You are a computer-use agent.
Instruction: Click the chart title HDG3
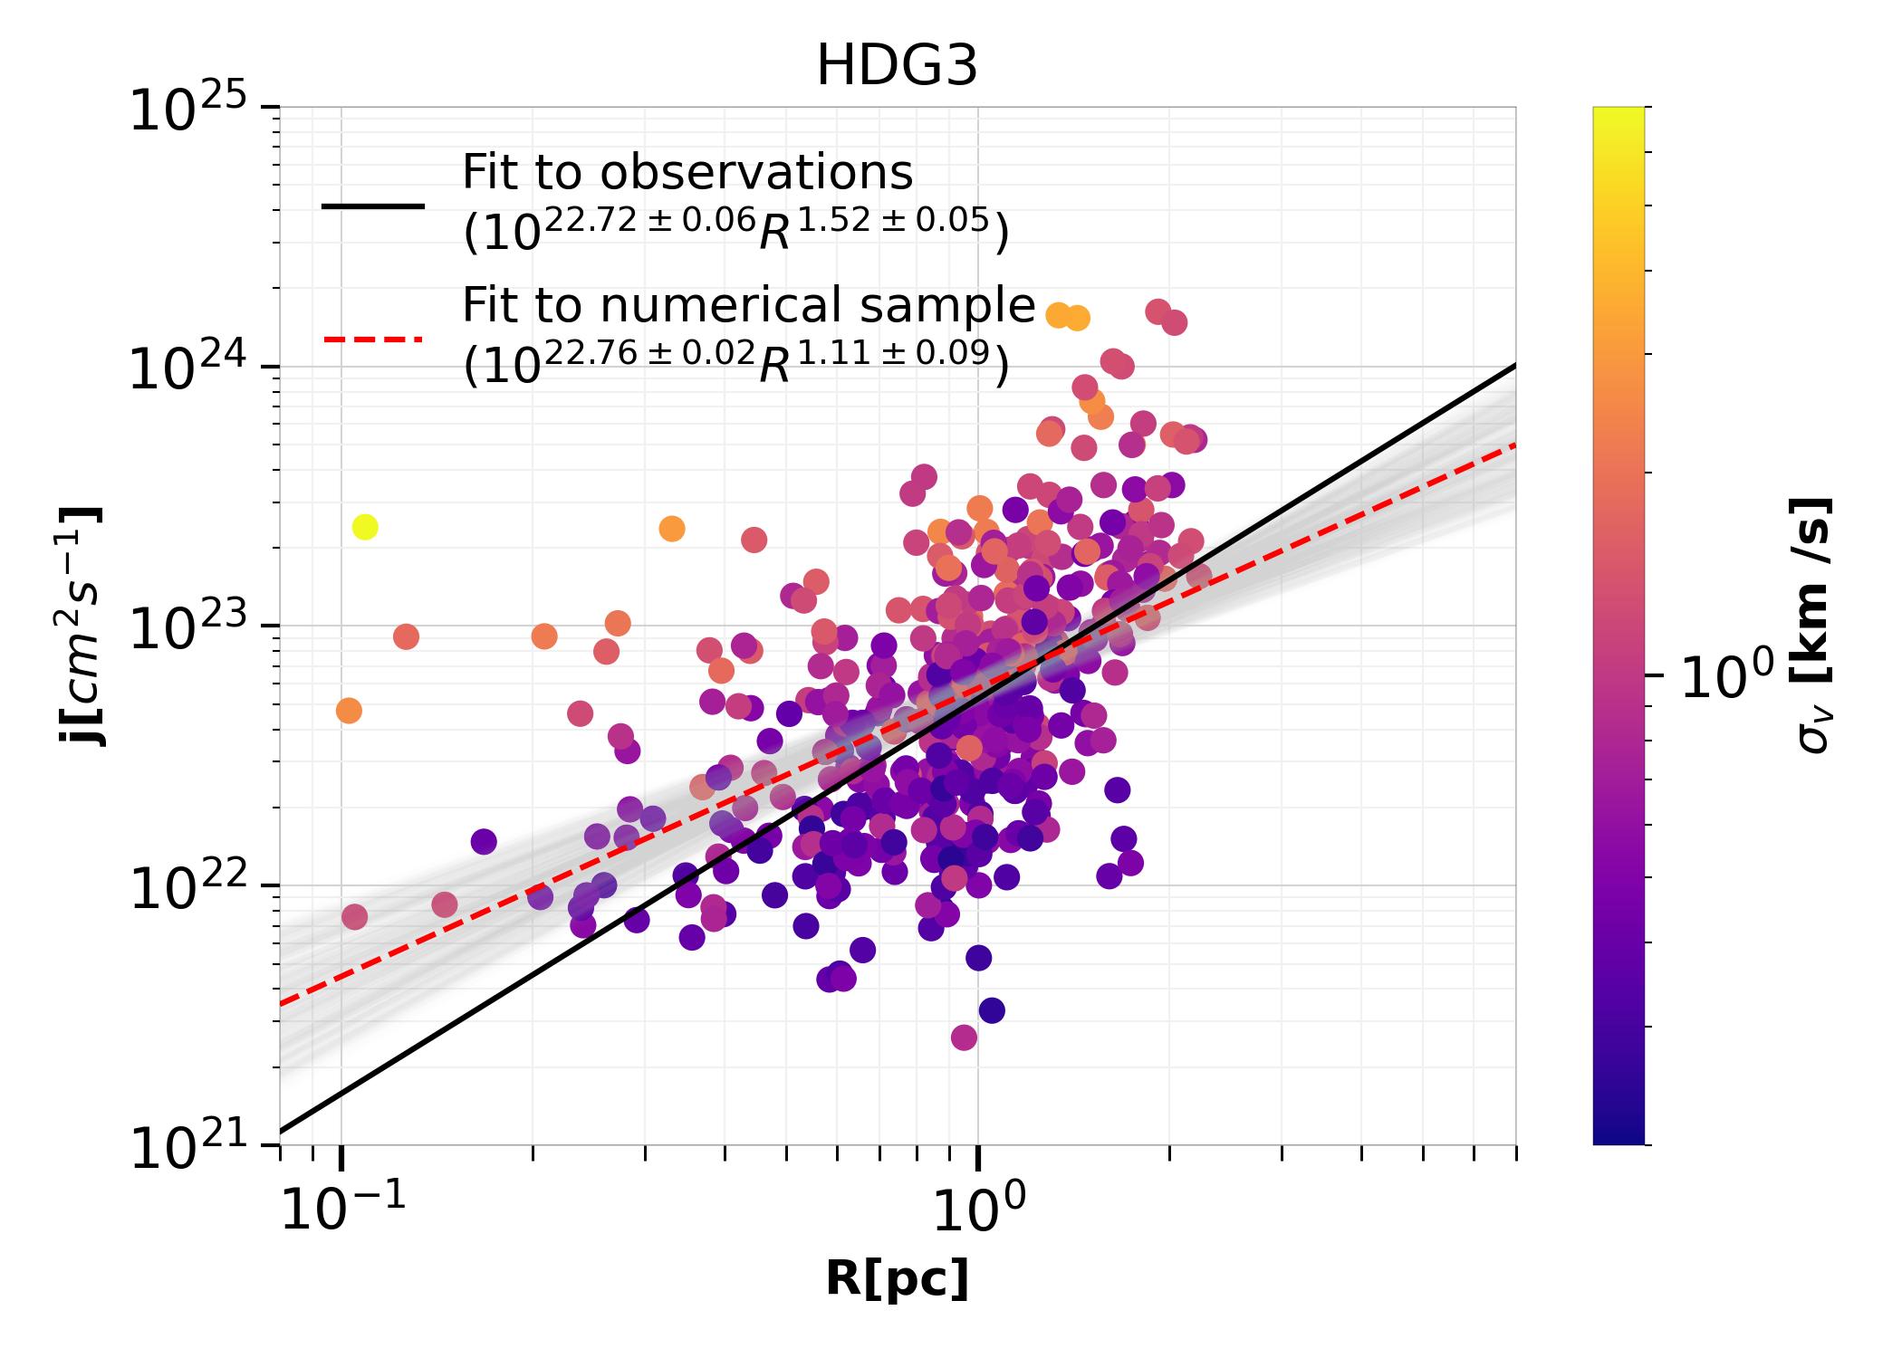897,67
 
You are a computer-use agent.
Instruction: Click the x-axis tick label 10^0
977,1210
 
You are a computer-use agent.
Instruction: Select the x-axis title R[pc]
897,1279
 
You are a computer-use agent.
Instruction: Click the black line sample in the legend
372,206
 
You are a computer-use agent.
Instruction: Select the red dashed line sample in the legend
372,339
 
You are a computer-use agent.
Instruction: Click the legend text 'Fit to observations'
687,172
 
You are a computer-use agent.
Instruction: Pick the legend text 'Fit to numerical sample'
748,305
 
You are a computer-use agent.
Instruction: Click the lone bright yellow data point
364,527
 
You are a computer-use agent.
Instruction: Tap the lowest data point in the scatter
964,1038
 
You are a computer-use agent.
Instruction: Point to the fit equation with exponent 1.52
735,230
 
